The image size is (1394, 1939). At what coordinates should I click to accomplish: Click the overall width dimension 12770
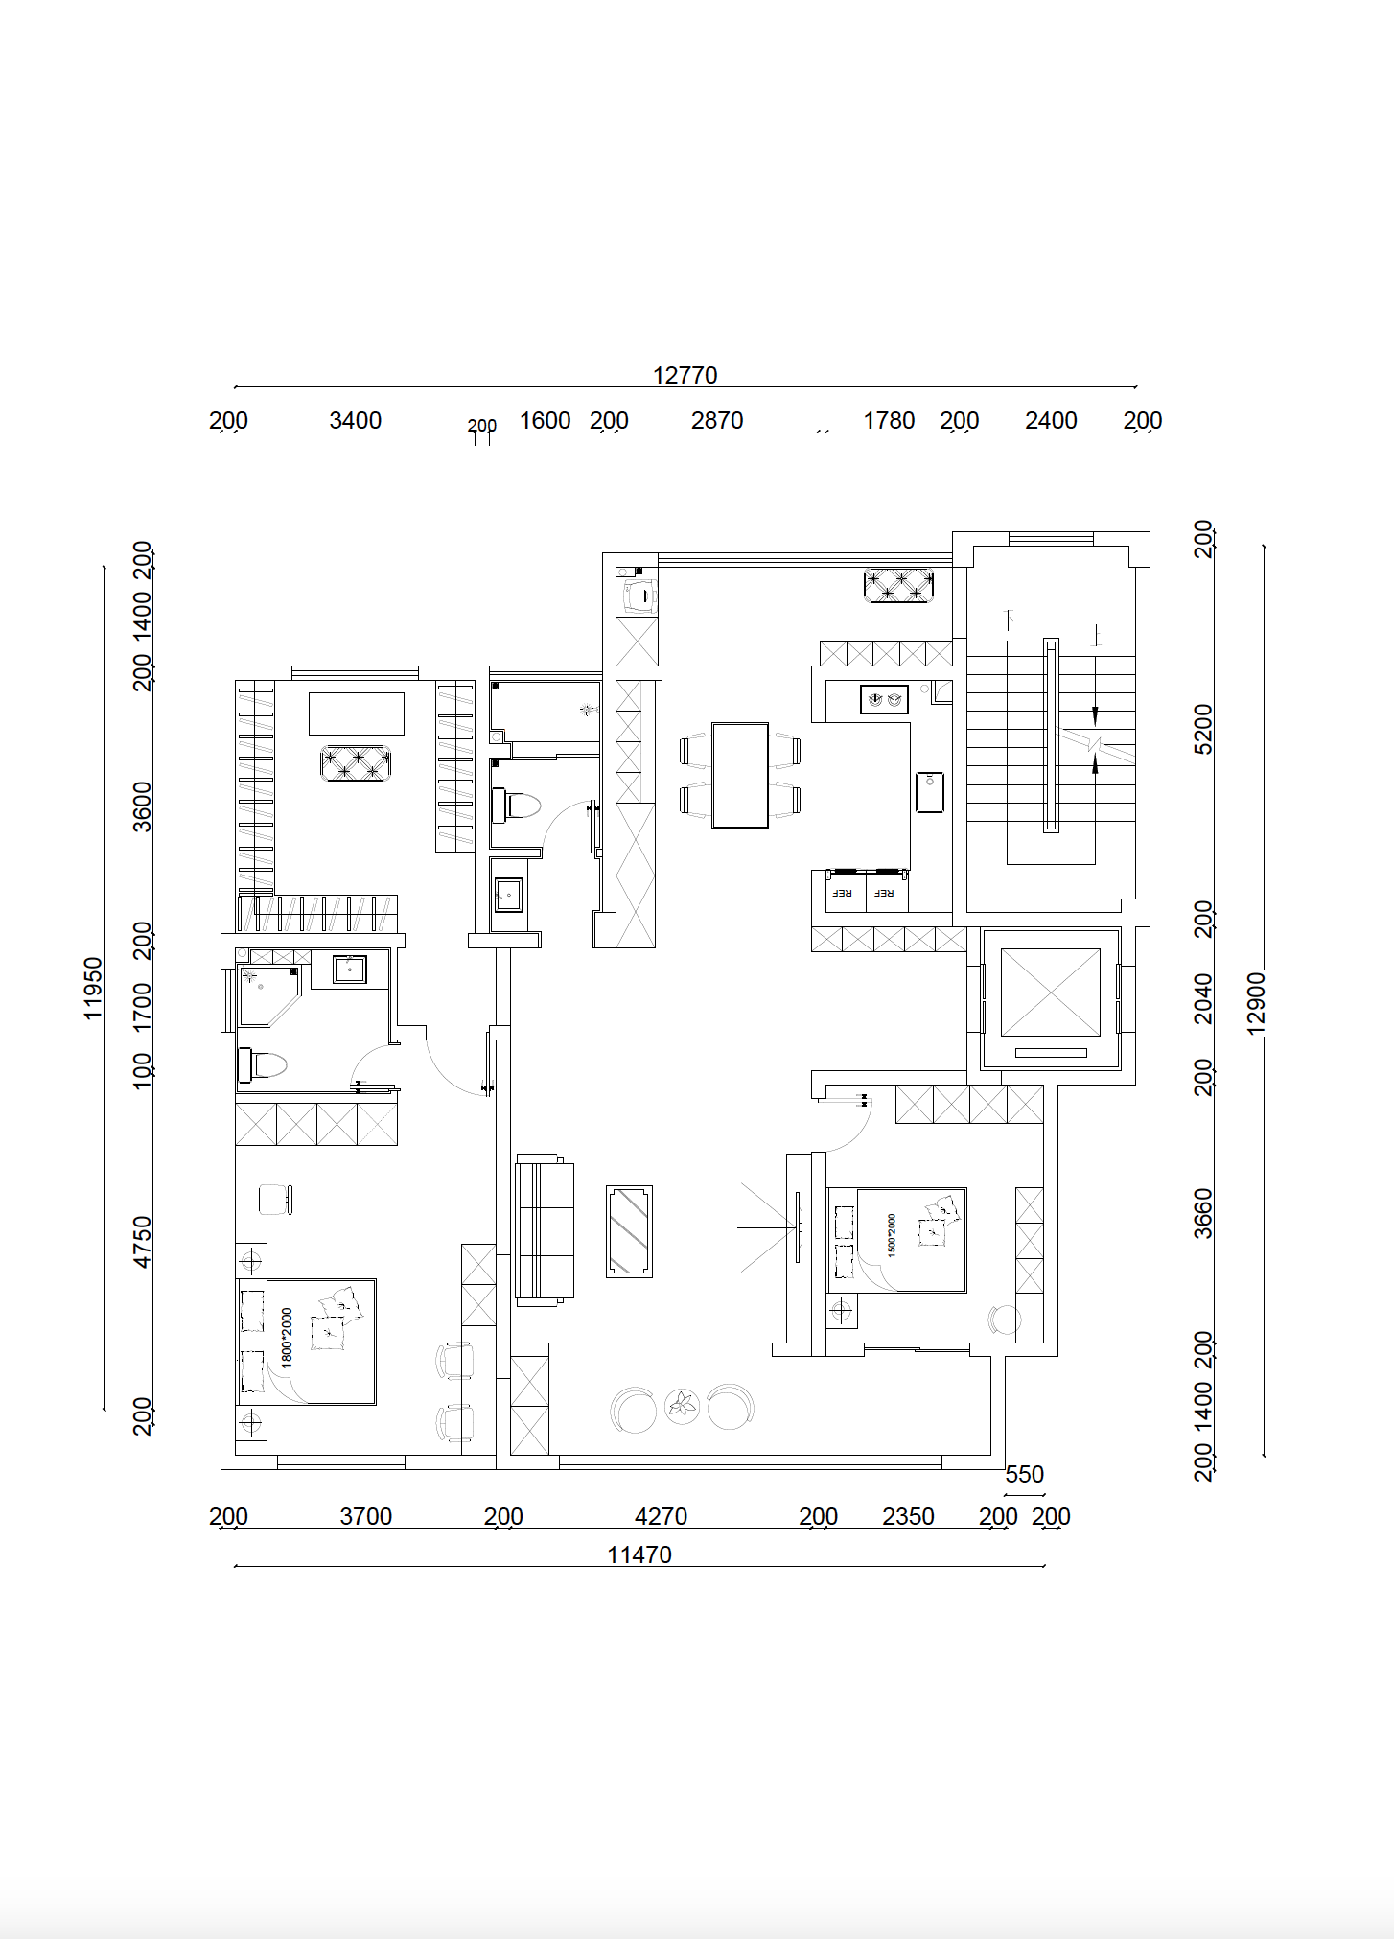[x=685, y=375]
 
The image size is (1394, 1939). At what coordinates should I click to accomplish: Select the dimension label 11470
[x=639, y=1554]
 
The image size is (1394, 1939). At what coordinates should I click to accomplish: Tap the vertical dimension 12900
[x=1257, y=1002]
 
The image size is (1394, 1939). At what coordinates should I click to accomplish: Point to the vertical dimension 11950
[x=93, y=988]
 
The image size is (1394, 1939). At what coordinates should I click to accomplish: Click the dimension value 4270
[x=662, y=1516]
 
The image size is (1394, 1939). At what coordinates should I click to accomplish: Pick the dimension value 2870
[x=717, y=420]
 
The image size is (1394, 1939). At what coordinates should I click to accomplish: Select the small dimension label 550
[x=1024, y=1474]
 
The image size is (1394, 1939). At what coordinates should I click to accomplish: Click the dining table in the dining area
[x=740, y=775]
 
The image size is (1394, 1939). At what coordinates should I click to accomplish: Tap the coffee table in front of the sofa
[x=629, y=1231]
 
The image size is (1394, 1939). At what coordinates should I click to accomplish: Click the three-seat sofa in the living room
[x=544, y=1229]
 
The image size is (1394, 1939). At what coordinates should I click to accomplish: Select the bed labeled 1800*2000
[x=307, y=1342]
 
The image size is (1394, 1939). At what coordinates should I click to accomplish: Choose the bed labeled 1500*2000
[x=897, y=1240]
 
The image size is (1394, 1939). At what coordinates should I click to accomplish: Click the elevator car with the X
[x=1051, y=993]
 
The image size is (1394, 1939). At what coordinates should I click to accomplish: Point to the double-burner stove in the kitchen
[x=884, y=700]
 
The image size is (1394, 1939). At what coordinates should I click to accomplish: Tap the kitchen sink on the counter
[x=930, y=791]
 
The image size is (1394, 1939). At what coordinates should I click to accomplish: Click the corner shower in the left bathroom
[x=267, y=994]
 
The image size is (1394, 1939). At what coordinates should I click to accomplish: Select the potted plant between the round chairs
[x=682, y=1407]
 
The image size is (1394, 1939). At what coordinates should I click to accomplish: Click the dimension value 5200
[x=1203, y=729]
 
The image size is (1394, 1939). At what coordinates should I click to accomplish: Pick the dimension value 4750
[x=142, y=1242]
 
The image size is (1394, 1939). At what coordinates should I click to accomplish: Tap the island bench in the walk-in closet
[x=357, y=713]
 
